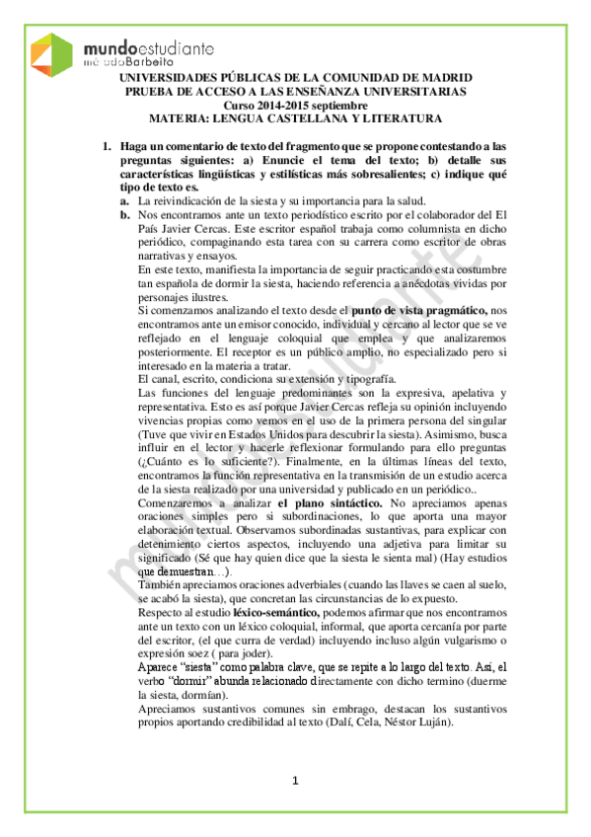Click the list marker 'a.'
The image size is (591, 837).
[x=125, y=200]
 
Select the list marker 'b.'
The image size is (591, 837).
[x=125, y=214]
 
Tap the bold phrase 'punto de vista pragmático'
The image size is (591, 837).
[x=418, y=310]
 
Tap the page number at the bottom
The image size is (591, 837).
[x=295, y=783]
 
